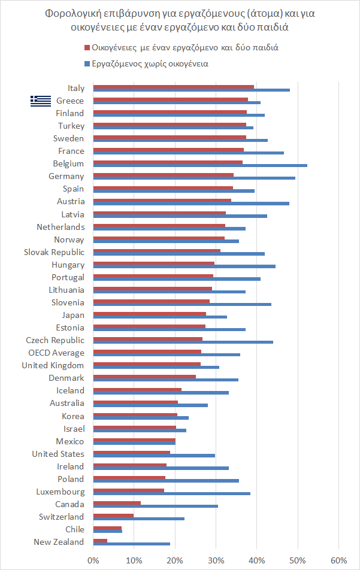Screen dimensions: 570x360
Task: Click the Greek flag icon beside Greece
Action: [x=41, y=101]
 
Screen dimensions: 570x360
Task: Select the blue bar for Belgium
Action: [x=200, y=165]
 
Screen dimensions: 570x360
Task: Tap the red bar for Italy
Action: [x=174, y=86]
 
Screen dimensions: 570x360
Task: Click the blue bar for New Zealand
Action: [x=132, y=544]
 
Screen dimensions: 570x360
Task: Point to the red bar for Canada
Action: [x=117, y=504]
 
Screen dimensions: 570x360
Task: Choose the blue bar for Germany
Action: [x=194, y=178]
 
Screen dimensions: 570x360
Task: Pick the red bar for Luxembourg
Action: [x=128, y=491]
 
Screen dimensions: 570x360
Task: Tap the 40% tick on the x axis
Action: [x=256, y=560]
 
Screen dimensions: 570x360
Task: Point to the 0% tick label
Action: [x=93, y=560]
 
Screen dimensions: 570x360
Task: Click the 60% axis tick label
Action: [x=338, y=560]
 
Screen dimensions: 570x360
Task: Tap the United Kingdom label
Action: [x=53, y=365]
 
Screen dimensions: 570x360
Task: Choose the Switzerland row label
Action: [x=61, y=517]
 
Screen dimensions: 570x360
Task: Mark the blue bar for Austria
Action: [x=191, y=203]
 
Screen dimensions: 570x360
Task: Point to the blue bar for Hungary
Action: [x=184, y=266]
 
